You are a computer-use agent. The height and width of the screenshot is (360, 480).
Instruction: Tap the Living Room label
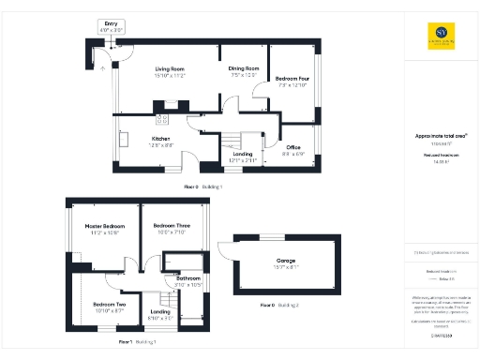169,72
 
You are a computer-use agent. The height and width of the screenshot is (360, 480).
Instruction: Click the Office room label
293,150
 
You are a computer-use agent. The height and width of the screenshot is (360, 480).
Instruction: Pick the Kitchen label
161,141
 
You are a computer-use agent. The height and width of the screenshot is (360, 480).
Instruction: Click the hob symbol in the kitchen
160,119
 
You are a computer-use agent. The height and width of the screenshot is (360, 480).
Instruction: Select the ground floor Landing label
244,157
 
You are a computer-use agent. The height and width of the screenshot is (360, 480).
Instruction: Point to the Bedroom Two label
109,307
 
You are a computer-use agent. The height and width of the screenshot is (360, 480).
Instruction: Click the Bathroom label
189,280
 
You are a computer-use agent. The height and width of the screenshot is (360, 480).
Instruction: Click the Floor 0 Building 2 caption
279,306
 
